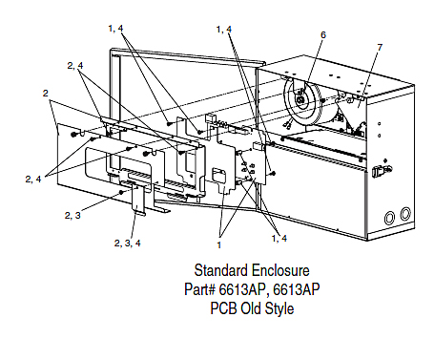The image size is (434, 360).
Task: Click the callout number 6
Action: [x=323, y=34]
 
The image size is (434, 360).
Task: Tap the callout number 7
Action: [x=380, y=48]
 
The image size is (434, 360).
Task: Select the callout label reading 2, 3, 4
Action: [x=127, y=244]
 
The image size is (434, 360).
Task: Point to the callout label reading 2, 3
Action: [x=72, y=216]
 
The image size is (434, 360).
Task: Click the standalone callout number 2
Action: [x=46, y=94]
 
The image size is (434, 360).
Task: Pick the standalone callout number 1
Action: [x=219, y=245]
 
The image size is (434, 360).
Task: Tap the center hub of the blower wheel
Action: [x=300, y=100]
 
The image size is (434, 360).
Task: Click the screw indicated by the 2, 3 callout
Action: [x=121, y=192]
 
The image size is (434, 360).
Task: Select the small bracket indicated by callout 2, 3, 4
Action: [x=138, y=200]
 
